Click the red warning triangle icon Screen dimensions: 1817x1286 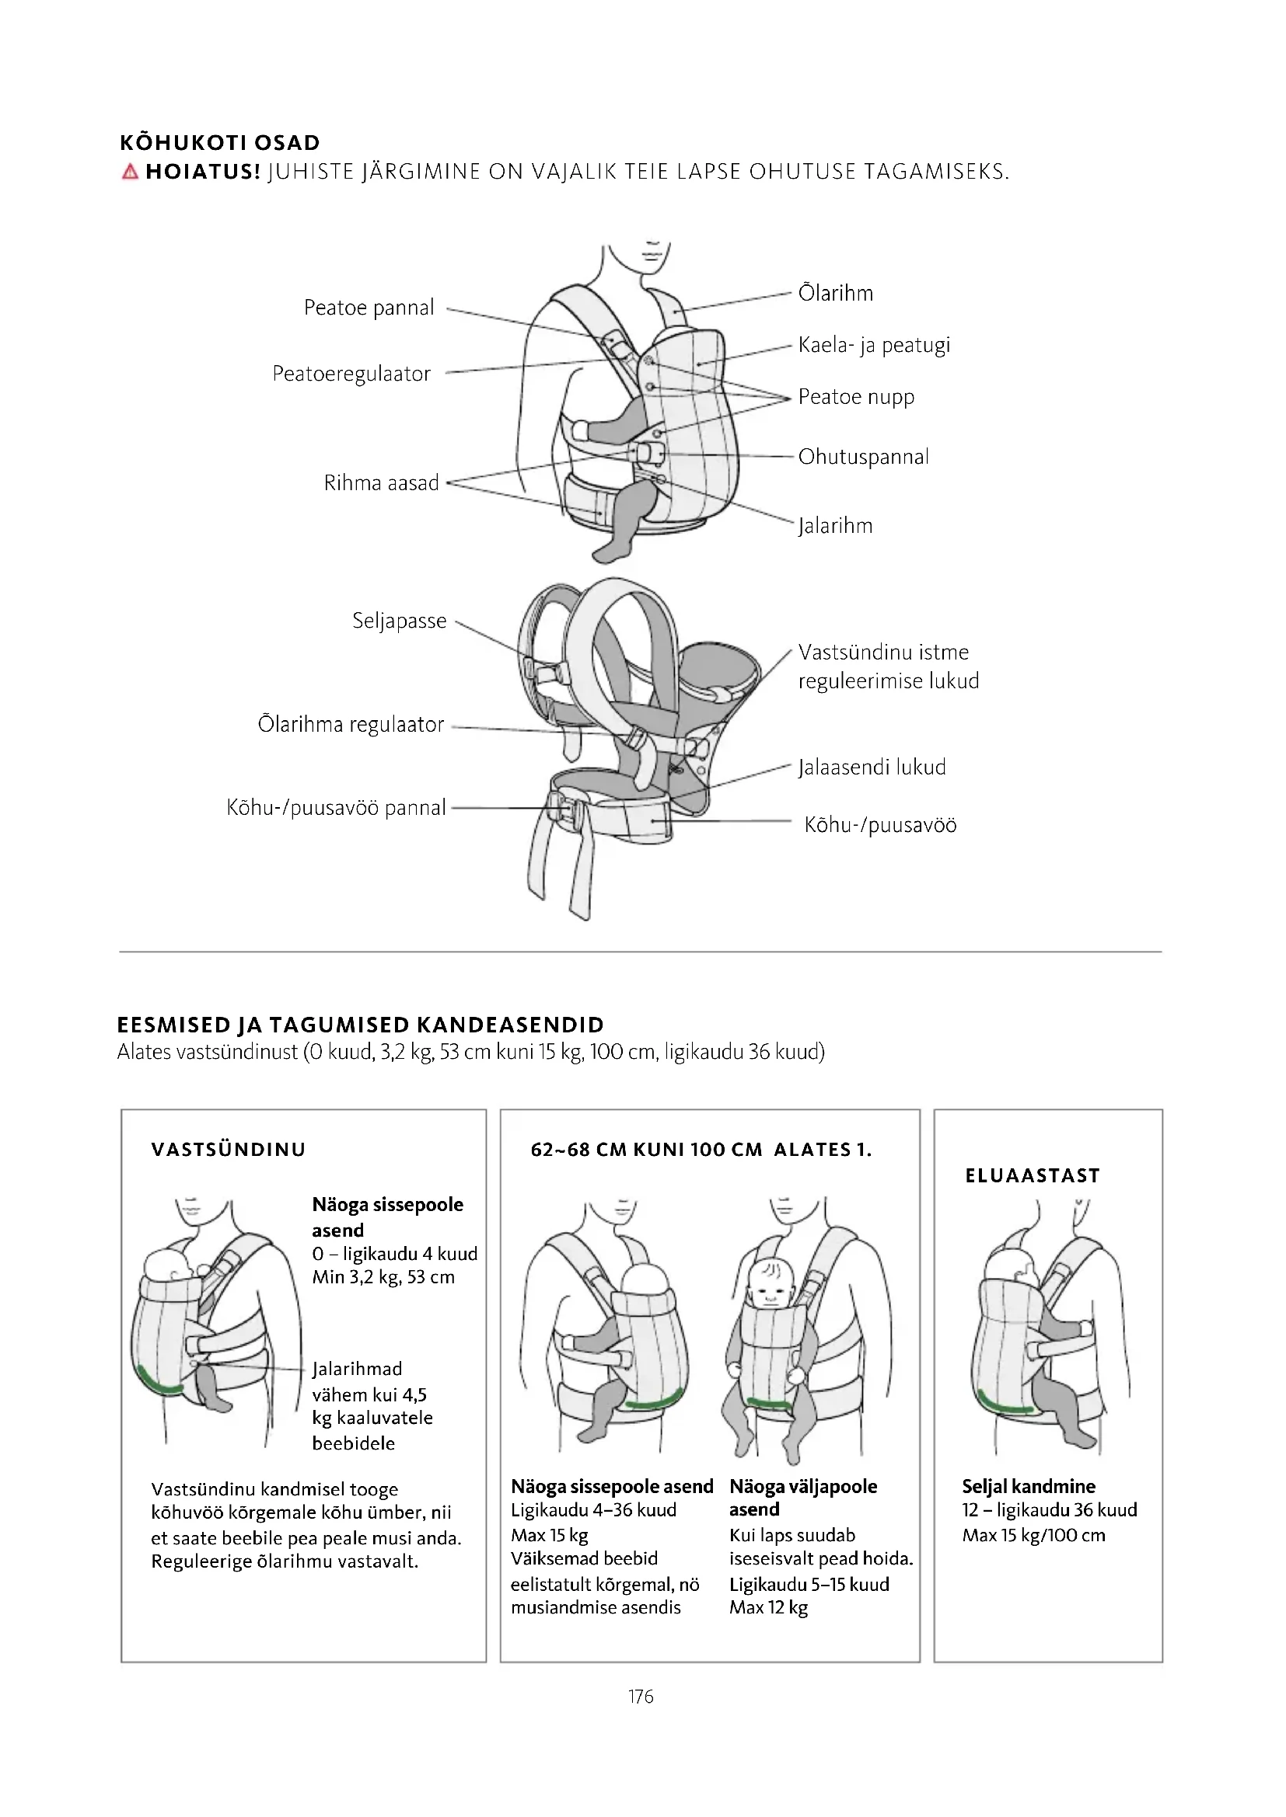pos(131,172)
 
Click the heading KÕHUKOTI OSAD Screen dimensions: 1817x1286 pos(219,143)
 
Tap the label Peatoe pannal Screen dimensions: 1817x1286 pos(369,308)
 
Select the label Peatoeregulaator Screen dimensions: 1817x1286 pos(351,374)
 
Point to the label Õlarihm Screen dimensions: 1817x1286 pos(835,294)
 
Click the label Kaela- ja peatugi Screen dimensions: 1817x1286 pos(873,345)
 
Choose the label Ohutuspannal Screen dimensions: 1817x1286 pos(863,457)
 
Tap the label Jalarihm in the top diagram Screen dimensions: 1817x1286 pos(834,526)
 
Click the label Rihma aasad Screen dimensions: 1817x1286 pos(381,482)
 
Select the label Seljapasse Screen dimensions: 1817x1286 pos(399,621)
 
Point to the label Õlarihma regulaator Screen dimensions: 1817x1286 pos(351,725)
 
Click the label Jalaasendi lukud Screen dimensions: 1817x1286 pos(871,768)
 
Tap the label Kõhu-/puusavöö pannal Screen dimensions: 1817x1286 pos(337,808)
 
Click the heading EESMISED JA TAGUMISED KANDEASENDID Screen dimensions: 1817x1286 pos(360,1025)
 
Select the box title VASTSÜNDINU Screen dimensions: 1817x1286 pos(228,1150)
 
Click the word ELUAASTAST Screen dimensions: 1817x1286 pos(1033,1176)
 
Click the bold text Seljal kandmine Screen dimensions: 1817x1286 pos(1029,1486)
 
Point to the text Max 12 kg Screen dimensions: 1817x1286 pos(768,1607)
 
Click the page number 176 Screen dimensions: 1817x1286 pos(641,1696)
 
